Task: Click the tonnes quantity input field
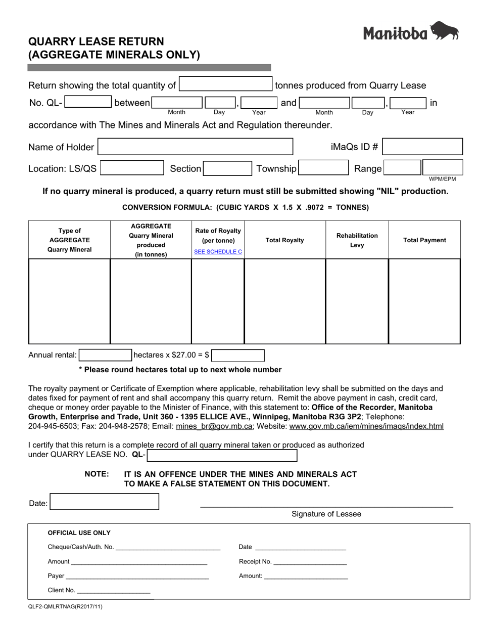226,84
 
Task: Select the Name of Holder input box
195,147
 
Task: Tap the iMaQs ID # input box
422,147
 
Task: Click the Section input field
227,168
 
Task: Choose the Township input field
323,168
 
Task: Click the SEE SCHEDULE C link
218,251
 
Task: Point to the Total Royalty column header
285,240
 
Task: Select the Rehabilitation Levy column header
357,240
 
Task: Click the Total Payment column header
424,240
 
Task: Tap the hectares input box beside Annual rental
105,355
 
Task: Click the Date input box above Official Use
105,502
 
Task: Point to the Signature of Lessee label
326,514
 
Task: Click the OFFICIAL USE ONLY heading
79,532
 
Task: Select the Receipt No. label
255,561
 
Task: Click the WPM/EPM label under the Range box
442,179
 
